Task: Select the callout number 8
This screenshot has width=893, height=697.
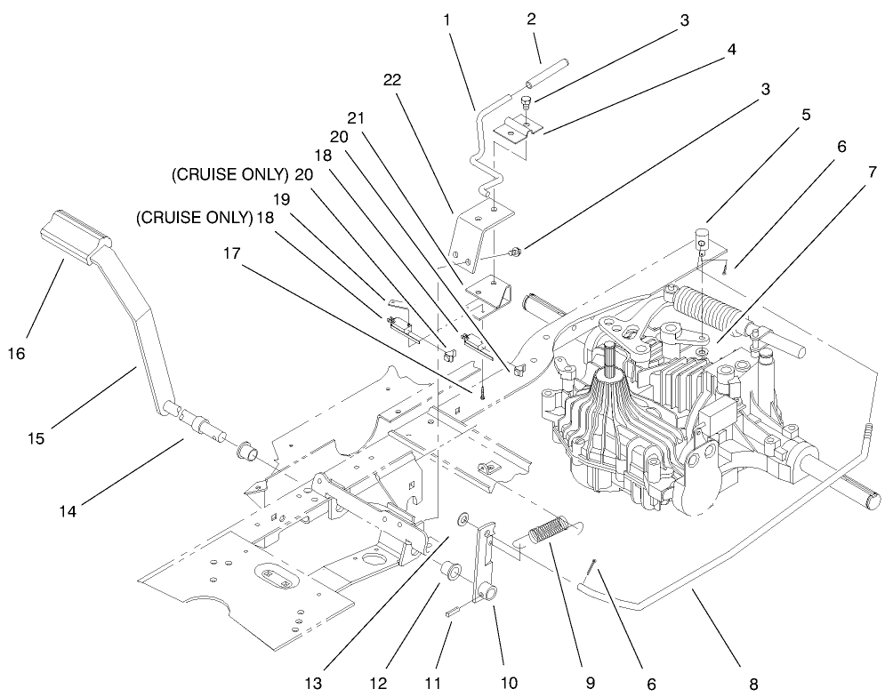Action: (x=754, y=685)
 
